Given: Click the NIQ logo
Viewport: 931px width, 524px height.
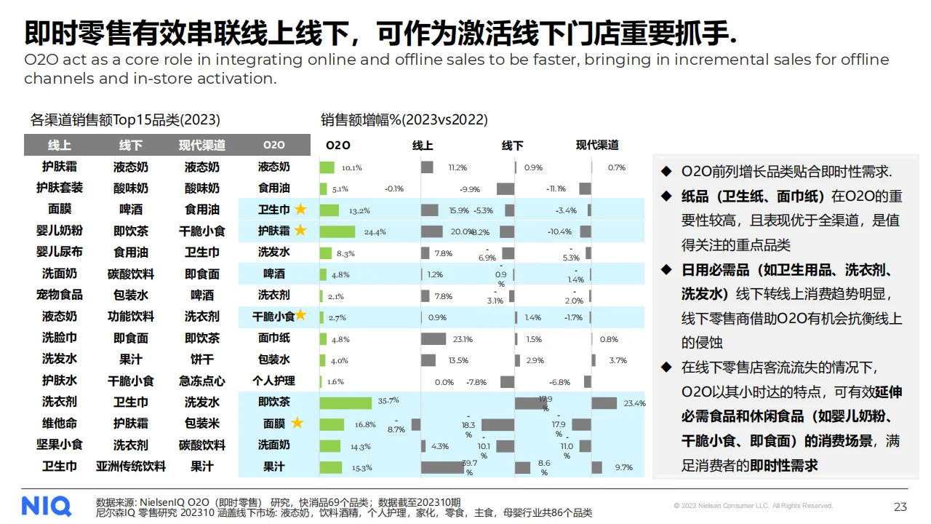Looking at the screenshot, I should [47, 506].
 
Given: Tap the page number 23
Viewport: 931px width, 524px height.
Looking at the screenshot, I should [900, 507].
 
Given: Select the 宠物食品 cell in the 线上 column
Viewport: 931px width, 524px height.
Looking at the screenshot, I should [60, 295].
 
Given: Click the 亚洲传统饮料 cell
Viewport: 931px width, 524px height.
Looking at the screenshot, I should [131, 466].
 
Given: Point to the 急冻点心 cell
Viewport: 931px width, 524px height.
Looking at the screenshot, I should [202, 381].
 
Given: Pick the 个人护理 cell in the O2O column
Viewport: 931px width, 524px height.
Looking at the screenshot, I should [273, 381].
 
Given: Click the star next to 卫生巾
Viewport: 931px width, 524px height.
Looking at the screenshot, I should [300, 210].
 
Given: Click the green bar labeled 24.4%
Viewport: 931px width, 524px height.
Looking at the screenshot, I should [337, 231].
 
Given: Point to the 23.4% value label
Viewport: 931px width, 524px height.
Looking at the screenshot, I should [634, 403].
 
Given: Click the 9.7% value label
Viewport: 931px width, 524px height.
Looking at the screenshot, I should [623, 467].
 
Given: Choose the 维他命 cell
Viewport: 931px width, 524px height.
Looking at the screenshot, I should [60, 423].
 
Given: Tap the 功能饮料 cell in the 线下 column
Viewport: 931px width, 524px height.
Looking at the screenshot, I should [131, 317].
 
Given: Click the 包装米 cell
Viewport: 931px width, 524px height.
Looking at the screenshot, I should [202, 423].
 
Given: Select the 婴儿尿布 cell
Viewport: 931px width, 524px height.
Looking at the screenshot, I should [60, 252].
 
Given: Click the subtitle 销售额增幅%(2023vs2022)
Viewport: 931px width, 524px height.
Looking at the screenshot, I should [404, 119].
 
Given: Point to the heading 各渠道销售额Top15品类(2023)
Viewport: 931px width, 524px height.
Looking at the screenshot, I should [125, 119].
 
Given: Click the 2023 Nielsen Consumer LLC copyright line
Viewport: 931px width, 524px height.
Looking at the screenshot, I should [753, 506].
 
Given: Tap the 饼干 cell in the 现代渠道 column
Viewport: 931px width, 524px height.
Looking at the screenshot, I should [202, 359].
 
